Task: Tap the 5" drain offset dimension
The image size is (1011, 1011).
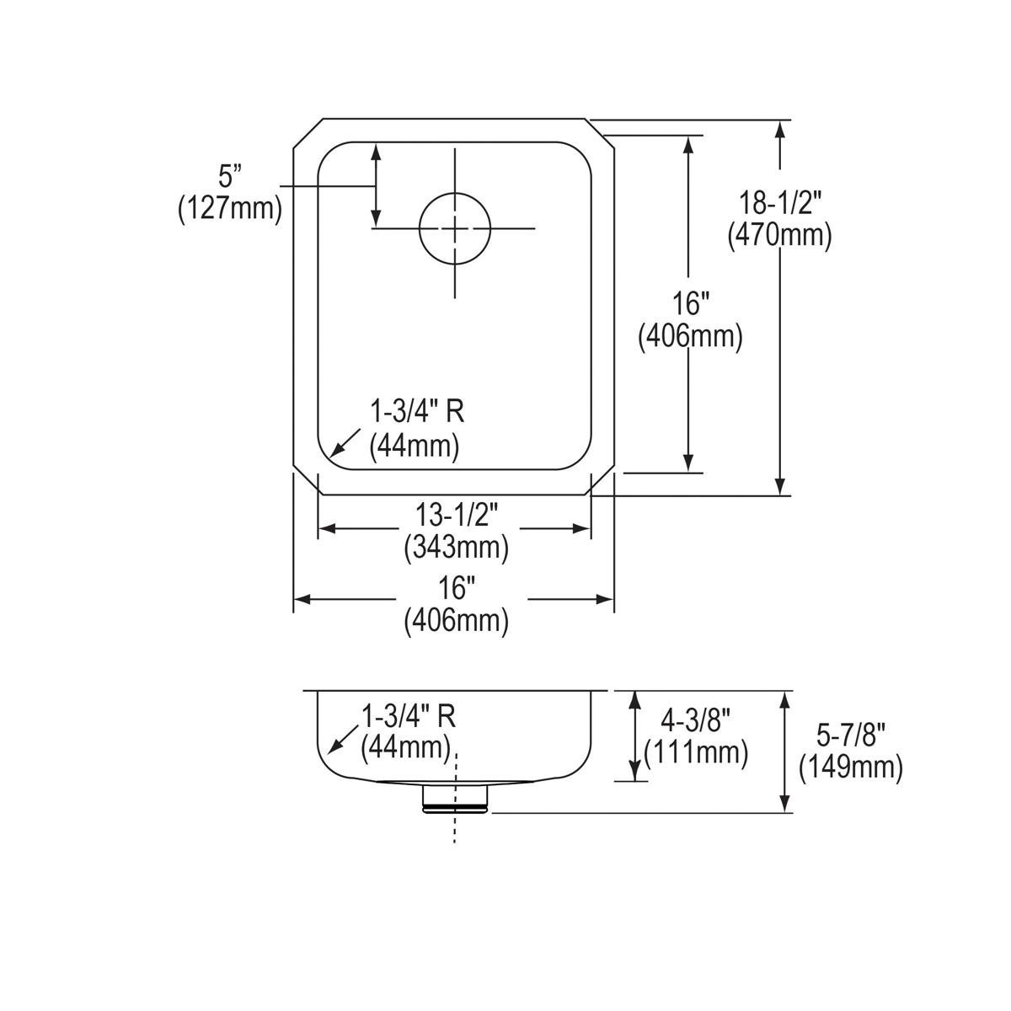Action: point(229,176)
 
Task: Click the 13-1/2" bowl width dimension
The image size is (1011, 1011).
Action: point(457,514)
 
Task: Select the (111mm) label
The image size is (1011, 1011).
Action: point(695,752)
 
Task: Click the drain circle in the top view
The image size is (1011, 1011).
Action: point(455,228)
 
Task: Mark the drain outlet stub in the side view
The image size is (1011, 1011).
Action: point(455,797)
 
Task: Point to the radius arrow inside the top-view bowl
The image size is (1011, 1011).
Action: point(344,443)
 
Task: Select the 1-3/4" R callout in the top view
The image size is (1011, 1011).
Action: point(418,412)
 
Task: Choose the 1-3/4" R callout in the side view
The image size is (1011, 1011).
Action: point(409,716)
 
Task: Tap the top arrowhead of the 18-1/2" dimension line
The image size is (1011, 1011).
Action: point(781,131)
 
